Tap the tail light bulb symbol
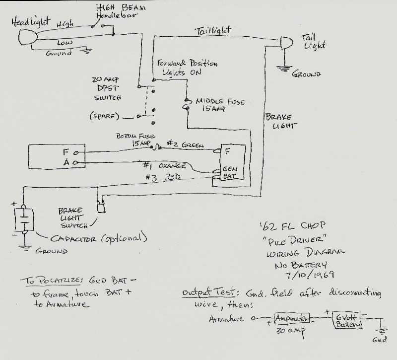[x=287, y=43]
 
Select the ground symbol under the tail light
[x=284, y=69]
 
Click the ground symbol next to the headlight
[x=86, y=51]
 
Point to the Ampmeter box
[x=292, y=318]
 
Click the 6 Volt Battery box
[x=347, y=320]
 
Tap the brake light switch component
[x=101, y=206]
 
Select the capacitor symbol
[x=24, y=219]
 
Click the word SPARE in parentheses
[x=104, y=116]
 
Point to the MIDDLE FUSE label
[x=220, y=102]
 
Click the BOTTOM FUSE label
[x=135, y=136]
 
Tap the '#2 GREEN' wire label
[x=185, y=144]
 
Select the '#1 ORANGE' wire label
[x=165, y=165]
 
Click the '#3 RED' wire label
[x=163, y=177]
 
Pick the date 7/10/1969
[x=309, y=275]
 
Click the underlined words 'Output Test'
[x=209, y=292]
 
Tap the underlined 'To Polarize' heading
[x=51, y=281]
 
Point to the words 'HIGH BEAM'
[x=121, y=7]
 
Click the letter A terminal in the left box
[x=66, y=162]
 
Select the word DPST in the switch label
[x=108, y=88]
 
